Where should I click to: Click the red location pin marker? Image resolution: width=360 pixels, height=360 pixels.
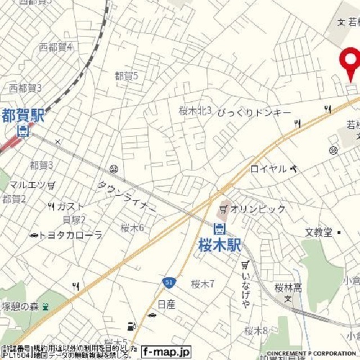coord(351,61)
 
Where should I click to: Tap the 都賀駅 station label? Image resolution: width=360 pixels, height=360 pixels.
coord(22,116)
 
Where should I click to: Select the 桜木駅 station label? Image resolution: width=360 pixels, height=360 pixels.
coord(219,245)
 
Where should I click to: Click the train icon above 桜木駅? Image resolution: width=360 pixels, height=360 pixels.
coord(219,228)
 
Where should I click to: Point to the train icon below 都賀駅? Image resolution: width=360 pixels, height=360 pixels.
coord(23,132)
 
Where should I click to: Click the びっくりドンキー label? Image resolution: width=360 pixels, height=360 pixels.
coord(254,112)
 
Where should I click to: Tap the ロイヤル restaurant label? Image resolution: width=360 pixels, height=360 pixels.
coord(268,168)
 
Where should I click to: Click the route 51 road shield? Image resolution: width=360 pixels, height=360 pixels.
coord(169,282)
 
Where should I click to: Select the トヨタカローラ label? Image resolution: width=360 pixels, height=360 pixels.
coord(71,235)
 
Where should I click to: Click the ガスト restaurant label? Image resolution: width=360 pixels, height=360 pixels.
coord(71,206)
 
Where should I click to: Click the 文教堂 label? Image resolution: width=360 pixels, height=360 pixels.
coord(319,232)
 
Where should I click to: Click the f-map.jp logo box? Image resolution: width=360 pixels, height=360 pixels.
coord(166,351)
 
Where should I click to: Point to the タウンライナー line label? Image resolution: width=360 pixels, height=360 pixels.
coord(127,196)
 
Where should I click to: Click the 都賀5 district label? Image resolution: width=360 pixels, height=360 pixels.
coord(126,75)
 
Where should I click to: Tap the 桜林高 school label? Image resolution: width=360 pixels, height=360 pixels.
coord(289,288)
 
